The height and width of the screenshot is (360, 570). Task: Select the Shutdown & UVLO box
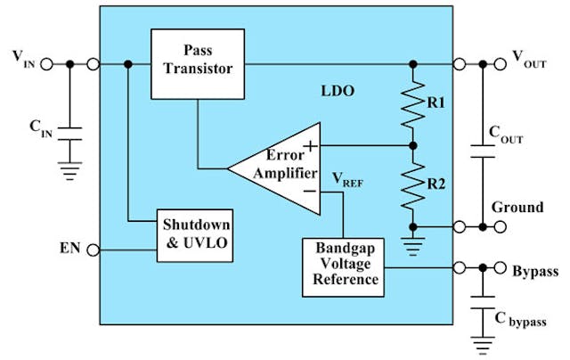(195, 235)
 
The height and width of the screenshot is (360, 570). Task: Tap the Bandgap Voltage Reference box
(342, 266)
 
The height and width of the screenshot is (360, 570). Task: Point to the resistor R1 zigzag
(412, 105)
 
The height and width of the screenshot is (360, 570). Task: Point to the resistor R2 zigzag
(412, 184)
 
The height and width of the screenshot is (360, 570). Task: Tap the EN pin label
(69, 248)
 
